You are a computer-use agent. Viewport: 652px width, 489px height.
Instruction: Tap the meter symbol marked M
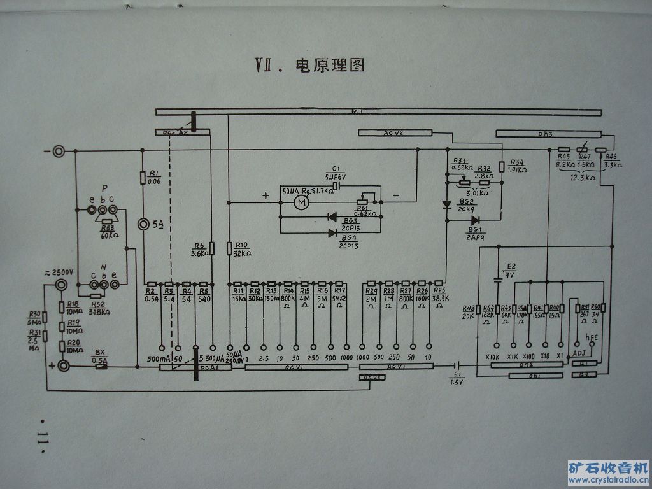coord(300,202)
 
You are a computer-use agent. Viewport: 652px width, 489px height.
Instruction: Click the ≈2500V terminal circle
coord(63,285)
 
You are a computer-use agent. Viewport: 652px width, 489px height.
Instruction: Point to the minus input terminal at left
coord(59,152)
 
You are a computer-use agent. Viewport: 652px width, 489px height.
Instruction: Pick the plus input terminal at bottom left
coord(64,365)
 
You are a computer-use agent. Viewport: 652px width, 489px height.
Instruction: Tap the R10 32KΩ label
coord(240,248)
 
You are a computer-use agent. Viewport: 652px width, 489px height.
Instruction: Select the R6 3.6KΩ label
coord(199,248)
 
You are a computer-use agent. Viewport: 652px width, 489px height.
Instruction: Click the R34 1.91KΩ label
coord(517,166)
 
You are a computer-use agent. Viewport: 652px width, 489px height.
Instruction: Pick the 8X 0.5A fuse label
coord(100,357)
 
